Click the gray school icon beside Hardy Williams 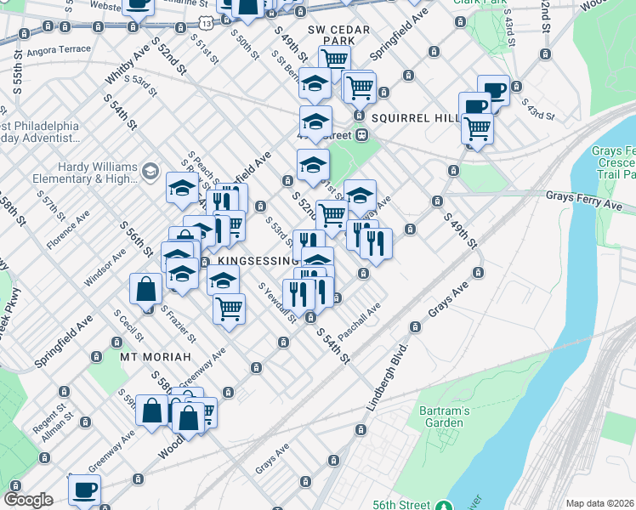pos(150,172)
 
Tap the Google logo pos(28,500)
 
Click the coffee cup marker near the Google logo pos(84,490)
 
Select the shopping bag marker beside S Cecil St pos(146,289)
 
